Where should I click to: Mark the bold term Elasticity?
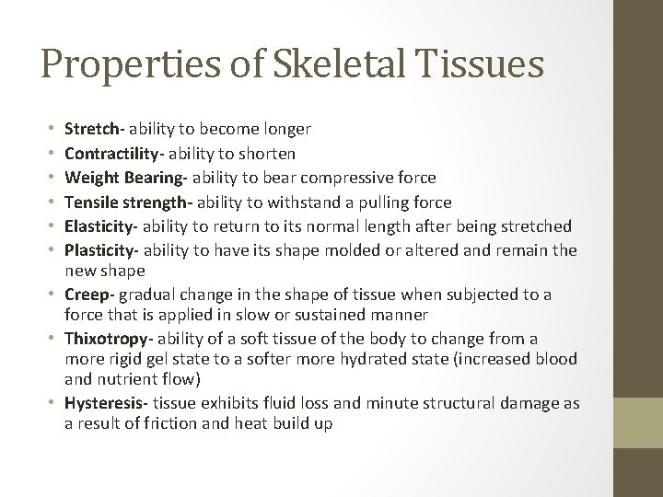click(99, 226)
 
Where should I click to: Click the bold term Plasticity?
click(100, 250)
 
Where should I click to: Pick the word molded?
click(379, 250)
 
